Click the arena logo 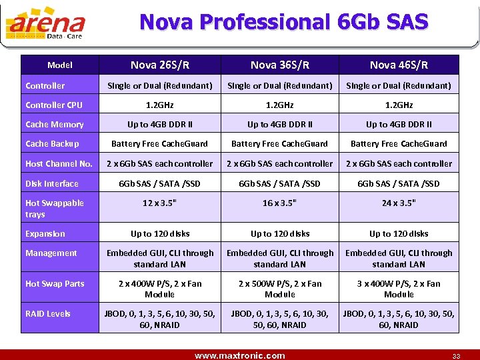[x=45, y=25]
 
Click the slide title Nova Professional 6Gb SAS [x=283, y=22]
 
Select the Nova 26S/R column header [x=160, y=65]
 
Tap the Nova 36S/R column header [x=280, y=65]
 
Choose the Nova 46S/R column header [x=399, y=65]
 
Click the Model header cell [x=60, y=65]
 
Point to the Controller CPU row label [x=54, y=105]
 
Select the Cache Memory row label [x=55, y=124]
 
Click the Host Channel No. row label [x=59, y=163]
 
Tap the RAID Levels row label [x=48, y=313]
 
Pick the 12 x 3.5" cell [x=160, y=203]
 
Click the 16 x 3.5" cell [x=280, y=203]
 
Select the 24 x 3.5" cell [x=399, y=203]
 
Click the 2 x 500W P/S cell [x=280, y=289]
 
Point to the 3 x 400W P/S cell [x=399, y=289]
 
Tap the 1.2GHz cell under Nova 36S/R [x=280, y=105]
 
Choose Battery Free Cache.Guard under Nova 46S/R [x=399, y=143]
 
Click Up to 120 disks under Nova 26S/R [x=160, y=233]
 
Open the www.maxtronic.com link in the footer [x=239, y=355]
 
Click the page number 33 [x=455, y=356]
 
